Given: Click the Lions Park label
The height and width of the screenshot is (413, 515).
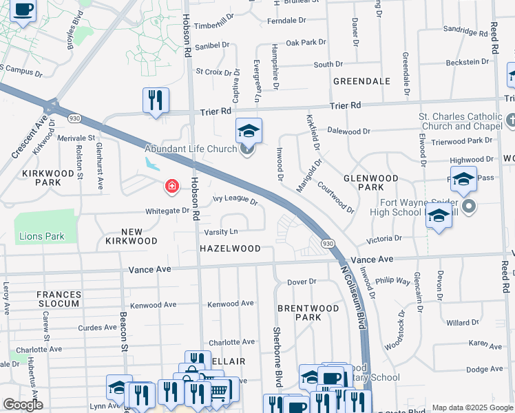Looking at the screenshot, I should click(41, 236).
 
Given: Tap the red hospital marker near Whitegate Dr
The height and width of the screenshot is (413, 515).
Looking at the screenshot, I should click(170, 186).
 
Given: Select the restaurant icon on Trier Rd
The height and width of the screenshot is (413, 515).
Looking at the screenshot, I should click(156, 100).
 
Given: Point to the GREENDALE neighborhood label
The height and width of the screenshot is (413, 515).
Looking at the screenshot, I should click(361, 81).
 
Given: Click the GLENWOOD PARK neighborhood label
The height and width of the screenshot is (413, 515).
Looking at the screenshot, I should click(371, 182).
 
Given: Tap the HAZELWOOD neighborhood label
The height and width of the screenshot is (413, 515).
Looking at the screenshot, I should click(230, 248).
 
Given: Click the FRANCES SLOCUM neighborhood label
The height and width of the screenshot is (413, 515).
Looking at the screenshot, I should click(59, 299).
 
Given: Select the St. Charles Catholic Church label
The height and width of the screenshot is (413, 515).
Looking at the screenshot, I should click(461, 121).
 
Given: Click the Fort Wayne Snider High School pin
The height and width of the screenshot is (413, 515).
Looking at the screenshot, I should click(470, 206).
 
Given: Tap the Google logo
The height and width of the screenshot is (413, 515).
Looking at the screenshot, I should click(23, 405).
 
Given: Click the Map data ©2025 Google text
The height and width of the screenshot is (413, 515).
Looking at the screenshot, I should click(472, 407).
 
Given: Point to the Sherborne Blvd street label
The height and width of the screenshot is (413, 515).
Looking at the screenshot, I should click(279, 358).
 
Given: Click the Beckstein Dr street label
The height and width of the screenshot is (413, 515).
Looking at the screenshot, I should click(467, 62).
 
